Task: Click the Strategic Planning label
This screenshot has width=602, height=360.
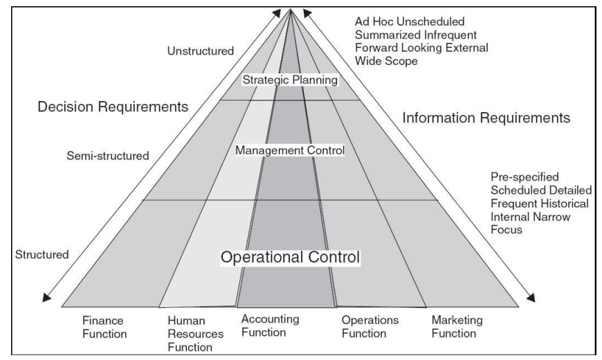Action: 290,80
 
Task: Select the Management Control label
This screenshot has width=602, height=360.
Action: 290,150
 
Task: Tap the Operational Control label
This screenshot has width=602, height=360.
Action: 290,257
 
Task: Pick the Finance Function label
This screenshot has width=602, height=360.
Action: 104,327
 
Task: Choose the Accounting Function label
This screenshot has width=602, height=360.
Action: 270,326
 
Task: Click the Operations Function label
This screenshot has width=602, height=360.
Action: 370,327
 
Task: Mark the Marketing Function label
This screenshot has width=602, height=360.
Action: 457,327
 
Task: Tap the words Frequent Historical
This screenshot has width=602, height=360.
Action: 525,204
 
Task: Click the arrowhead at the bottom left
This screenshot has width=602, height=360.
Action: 46,298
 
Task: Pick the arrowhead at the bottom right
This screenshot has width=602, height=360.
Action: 533,298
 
